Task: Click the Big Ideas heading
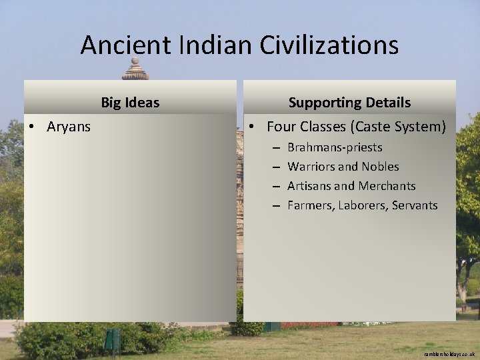[130, 103]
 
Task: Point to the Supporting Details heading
[349, 103]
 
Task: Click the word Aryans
[69, 127]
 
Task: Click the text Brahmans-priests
[335, 147]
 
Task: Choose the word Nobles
[381, 167]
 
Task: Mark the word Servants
[416, 205]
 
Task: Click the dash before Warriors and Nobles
[275, 167]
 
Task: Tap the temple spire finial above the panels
[135, 69]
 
